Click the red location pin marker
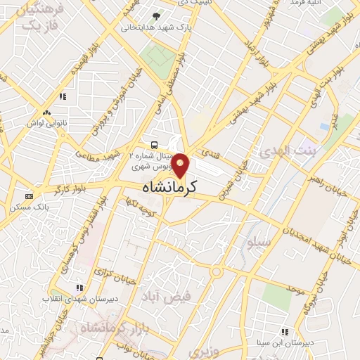pos(181,165)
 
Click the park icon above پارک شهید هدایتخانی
pos(156,16)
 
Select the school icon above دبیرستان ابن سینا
pos(285,330)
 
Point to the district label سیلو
pos(258,243)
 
